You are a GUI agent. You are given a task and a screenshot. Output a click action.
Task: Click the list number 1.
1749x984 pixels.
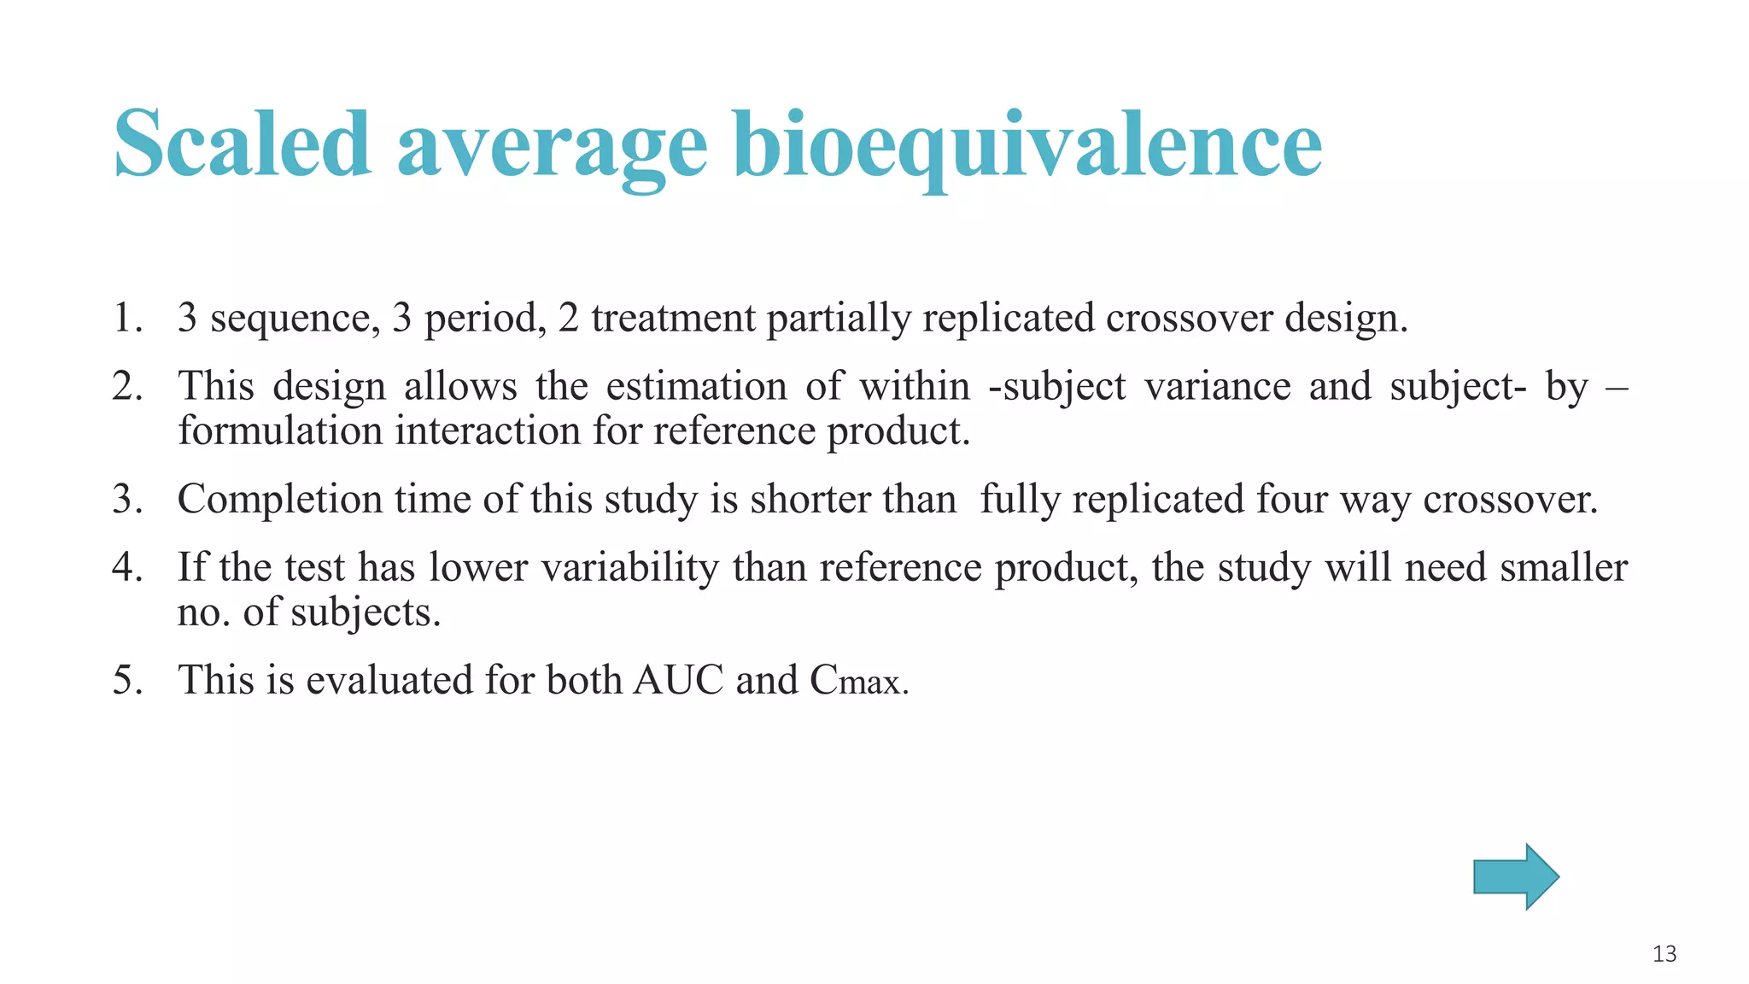coord(126,318)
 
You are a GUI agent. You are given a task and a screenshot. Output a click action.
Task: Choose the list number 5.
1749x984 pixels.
coord(126,680)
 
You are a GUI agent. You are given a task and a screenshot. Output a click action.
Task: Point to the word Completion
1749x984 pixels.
coord(280,499)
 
